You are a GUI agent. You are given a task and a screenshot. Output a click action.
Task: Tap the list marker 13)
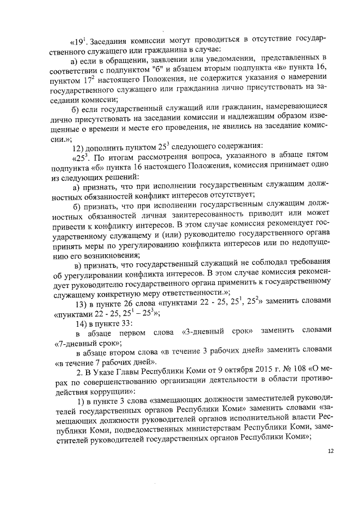pos(83,302)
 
